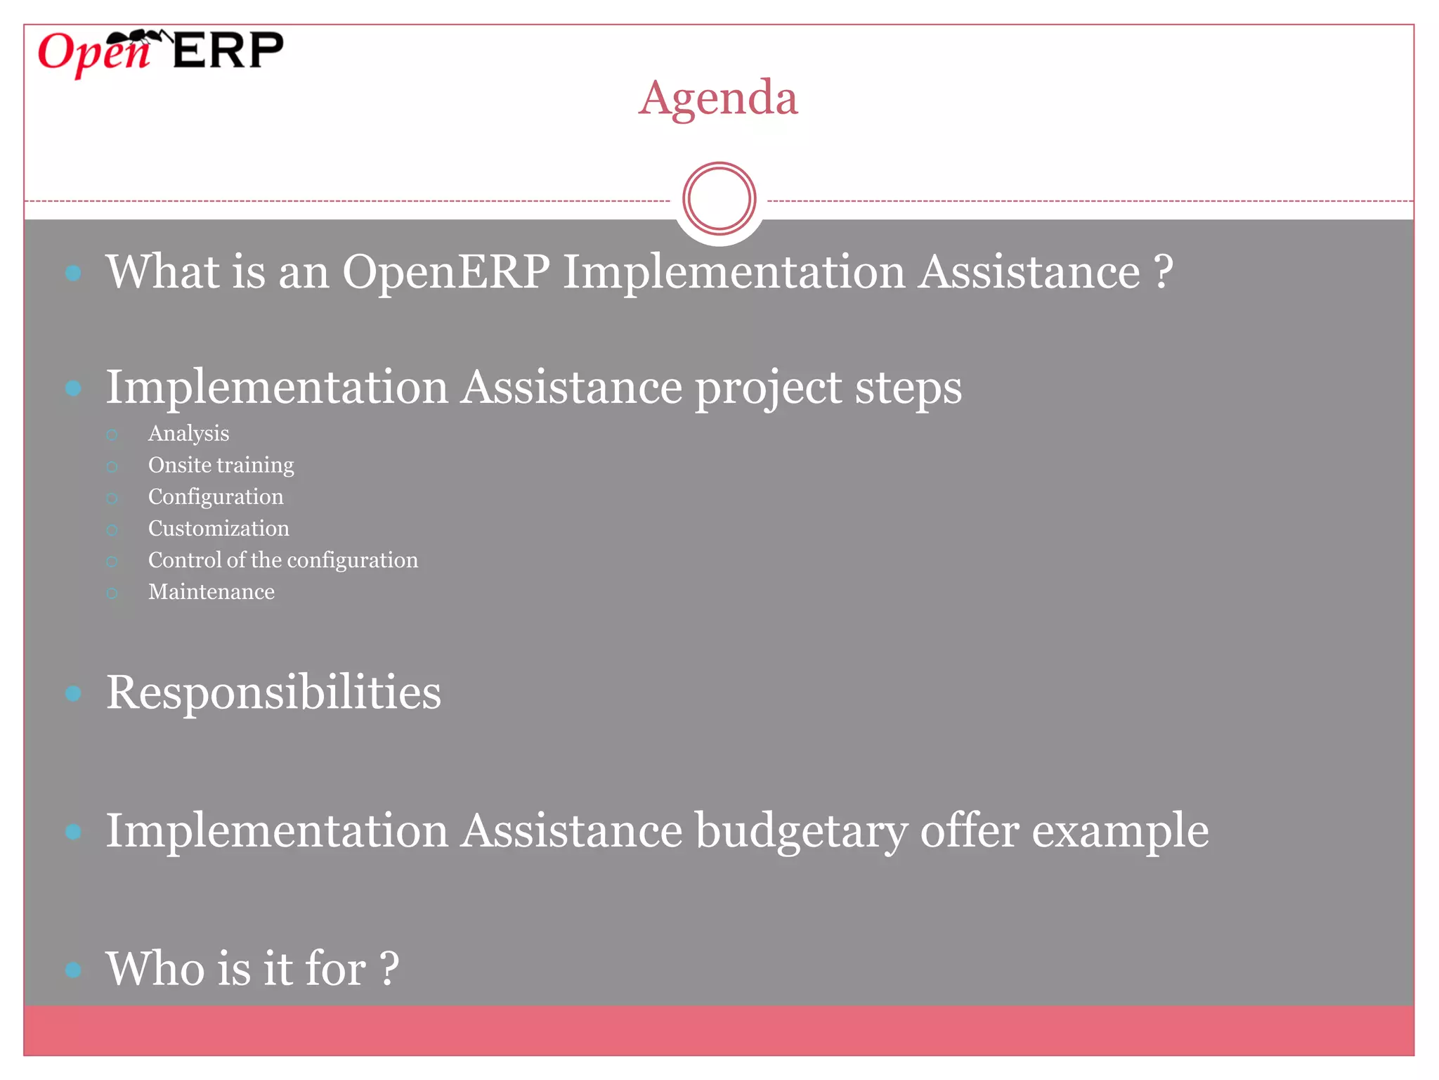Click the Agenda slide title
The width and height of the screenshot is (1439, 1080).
coord(718,98)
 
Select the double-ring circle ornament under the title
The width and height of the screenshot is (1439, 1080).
coord(719,199)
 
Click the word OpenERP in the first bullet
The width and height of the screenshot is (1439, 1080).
coord(445,272)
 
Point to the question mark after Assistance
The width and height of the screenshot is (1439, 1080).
coord(1164,272)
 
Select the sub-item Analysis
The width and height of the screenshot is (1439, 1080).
coord(188,434)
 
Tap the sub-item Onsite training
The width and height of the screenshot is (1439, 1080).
coord(221,465)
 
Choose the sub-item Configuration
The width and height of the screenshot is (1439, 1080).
coord(215,497)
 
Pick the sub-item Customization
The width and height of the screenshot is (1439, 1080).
coord(218,529)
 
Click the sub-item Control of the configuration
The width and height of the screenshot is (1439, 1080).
coord(282,560)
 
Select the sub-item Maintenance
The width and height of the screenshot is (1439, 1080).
coord(211,592)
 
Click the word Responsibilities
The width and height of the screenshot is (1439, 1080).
coord(273,693)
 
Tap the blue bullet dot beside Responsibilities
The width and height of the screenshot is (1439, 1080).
coord(73,694)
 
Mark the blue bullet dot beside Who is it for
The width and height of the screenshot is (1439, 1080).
coord(73,970)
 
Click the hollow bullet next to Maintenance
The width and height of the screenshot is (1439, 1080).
coord(112,593)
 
